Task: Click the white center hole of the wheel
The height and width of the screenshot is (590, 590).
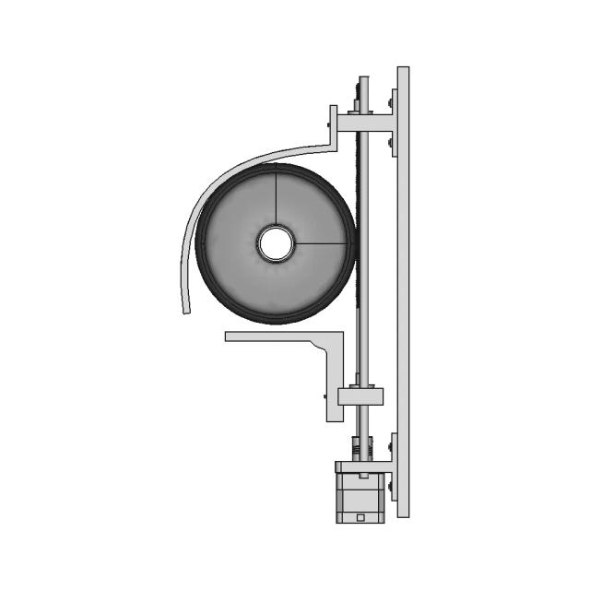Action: (275, 243)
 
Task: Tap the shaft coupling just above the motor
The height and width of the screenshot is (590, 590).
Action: (362, 449)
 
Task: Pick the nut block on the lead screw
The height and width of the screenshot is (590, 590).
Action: (360, 396)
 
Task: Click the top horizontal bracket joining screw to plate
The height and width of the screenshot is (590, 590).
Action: (367, 122)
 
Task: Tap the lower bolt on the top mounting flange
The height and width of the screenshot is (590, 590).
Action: (392, 143)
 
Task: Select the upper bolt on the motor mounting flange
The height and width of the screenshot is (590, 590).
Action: (392, 447)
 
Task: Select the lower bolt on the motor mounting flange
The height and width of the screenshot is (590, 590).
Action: (392, 487)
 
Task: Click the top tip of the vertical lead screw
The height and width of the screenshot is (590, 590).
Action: (362, 81)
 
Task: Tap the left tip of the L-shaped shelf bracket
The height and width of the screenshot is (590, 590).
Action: (229, 336)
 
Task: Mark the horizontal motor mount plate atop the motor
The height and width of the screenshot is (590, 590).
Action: (360, 466)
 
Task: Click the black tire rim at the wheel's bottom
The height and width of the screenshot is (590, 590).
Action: (275, 320)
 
